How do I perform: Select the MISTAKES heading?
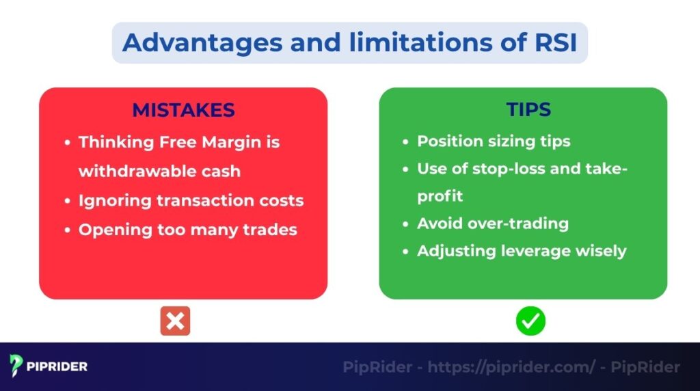tap(183, 110)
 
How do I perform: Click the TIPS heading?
tap(528, 110)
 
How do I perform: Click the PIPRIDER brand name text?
tap(57, 367)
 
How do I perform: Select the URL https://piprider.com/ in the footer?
tap(512, 367)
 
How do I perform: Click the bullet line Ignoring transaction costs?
tap(191, 200)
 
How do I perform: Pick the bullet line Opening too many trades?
tap(187, 229)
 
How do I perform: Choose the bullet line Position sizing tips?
tap(494, 141)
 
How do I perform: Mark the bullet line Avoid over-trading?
tap(492, 224)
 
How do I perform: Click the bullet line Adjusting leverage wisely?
tap(522, 251)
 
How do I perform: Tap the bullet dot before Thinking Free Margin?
tap(67, 143)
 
